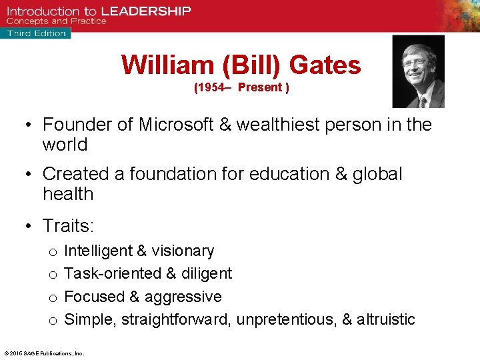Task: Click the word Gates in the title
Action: click(326, 65)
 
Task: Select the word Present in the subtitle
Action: click(260, 88)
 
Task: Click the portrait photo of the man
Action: click(418, 71)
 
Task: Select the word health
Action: click(68, 194)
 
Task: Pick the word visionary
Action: click(183, 251)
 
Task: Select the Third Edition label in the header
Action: click(37, 33)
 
